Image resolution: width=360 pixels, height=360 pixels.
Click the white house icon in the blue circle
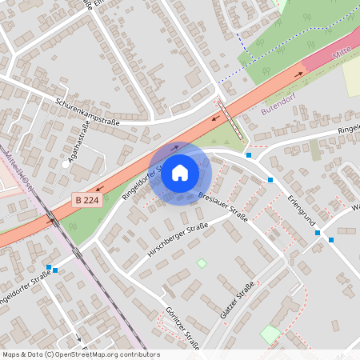point(180,173)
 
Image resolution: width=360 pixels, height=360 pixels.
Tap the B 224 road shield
point(87,200)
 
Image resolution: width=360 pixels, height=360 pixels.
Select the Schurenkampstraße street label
point(87,112)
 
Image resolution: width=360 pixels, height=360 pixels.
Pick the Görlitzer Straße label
point(181,328)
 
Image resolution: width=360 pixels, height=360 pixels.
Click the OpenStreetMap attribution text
point(81,354)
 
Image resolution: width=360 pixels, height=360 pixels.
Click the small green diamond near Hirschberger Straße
point(202,263)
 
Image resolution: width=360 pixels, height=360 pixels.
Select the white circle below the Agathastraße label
point(65,164)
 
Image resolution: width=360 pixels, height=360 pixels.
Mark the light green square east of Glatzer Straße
point(270,334)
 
